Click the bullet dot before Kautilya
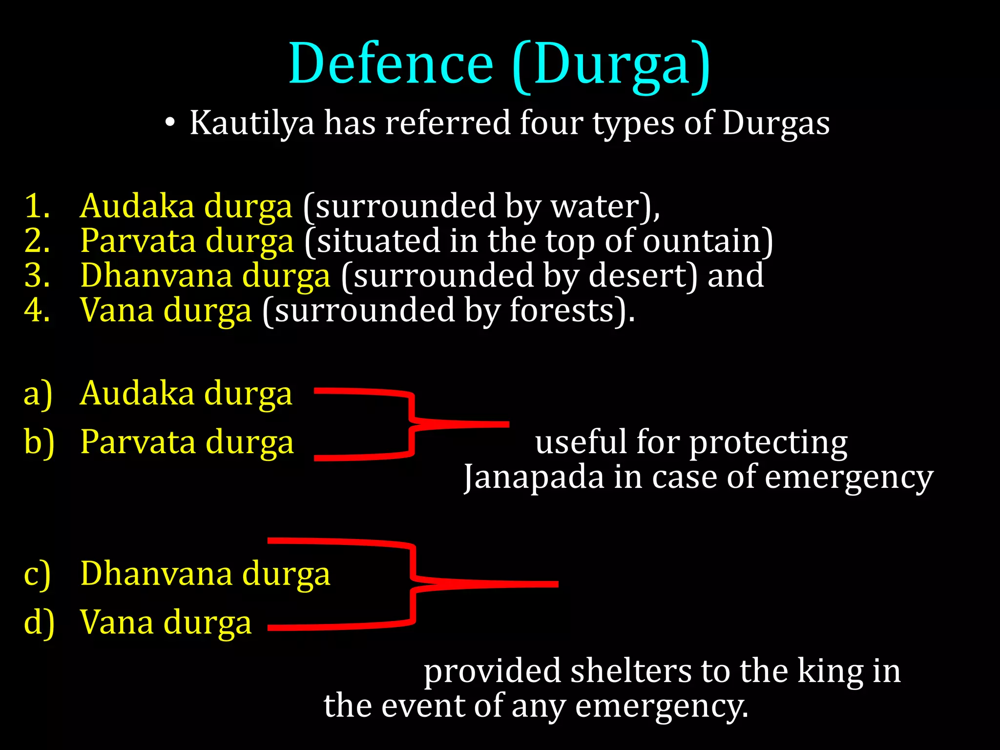[x=169, y=123]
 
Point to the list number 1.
[x=37, y=206]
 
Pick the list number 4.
[x=37, y=311]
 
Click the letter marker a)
[x=38, y=394]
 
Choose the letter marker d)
[x=39, y=624]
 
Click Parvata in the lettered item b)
[x=139, y=442]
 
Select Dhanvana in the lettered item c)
[x=156, y=574]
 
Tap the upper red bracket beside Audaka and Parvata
[x=413, y=423]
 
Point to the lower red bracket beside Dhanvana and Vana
[x=414, y=583]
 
